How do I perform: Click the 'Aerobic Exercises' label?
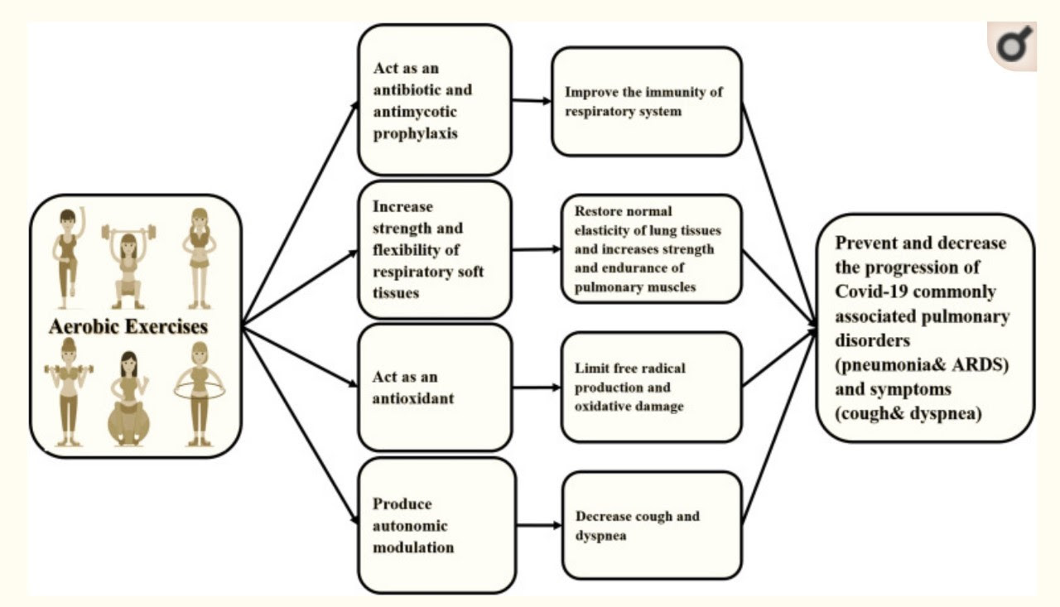coord(128,325)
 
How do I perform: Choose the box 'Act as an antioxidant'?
coord(435,388)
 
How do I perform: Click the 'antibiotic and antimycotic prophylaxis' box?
coord(433,99)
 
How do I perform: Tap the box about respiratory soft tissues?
coord(435,249)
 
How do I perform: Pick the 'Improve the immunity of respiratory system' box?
coord(646,101)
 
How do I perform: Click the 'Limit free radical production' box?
coord(651,387)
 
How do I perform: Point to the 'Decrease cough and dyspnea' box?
coord(651,525)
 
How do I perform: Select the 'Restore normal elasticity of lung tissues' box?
coord(651,248)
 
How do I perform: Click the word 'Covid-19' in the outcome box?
coord(874,291)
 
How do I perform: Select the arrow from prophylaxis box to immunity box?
coord(532,101)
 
